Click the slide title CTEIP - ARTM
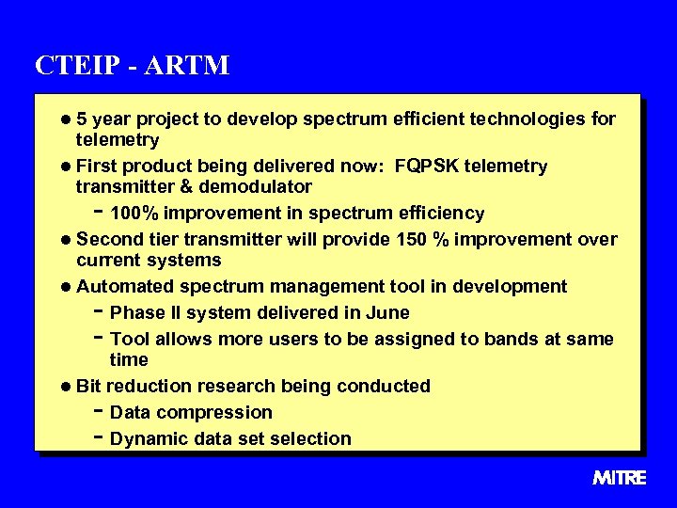[x=132, y=65]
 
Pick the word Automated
[x=120, y=286]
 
